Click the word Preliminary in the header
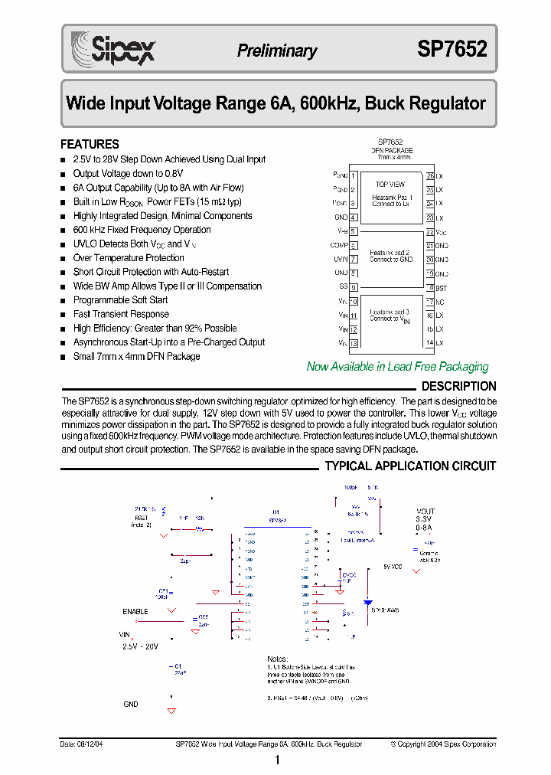[x=276, y=51]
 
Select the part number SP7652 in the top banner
[x=452, y=50]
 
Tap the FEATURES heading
[x=90, y=144]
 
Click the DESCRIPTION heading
[x=458, y=387]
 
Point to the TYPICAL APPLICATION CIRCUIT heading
[x=410, y=466]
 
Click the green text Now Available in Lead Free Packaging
[x=397, y=367]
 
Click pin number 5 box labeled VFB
[x=354, y=231]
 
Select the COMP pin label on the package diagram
[x=338, y=246]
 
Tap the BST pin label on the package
[x=441, y=287]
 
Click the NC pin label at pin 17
[x=440, y=302]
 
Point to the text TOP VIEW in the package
[x=390, y=185]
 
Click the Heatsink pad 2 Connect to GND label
[x=390, y=256]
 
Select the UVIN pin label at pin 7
[x=340, y=260]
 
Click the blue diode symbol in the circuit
[x=367, y=602]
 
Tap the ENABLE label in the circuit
[x=135, y=612]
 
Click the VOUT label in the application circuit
[x=425, y=512]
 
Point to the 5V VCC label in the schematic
[x=392, y=567]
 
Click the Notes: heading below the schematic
[x=277, y=659]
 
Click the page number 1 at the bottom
[x=276, y=760]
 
